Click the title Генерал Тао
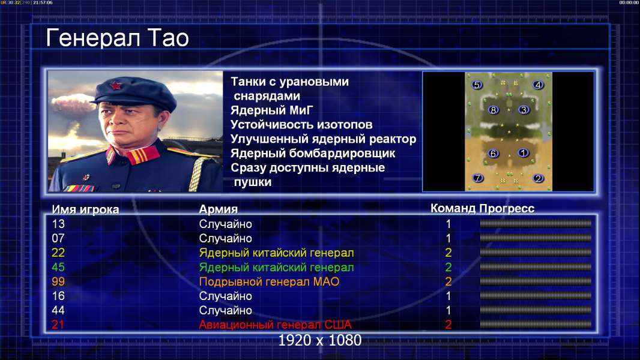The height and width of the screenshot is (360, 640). point(118,38)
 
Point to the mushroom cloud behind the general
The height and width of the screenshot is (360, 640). point(73,104)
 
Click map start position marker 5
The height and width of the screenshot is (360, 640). point(477,85)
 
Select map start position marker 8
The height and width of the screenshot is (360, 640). point(494,110)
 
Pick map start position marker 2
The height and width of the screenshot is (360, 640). point(539,178)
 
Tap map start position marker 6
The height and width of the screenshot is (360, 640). point(494,153)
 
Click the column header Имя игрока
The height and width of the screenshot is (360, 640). point(85,209)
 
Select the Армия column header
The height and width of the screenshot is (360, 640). point(219,209)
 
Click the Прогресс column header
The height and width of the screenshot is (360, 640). point(507,208)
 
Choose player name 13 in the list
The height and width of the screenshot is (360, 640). point(58,224)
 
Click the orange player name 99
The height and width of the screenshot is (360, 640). point(58,281)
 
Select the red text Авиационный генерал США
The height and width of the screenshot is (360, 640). point(275,325)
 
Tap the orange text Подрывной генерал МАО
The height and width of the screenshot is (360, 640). point(269,282)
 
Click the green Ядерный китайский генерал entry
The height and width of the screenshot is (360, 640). point(276,268)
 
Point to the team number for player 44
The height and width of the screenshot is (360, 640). point(448,310)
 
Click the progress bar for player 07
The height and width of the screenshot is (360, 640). point(536,238)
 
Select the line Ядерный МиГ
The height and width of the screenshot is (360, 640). point(272,110)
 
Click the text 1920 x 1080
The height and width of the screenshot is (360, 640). point(320,340)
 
